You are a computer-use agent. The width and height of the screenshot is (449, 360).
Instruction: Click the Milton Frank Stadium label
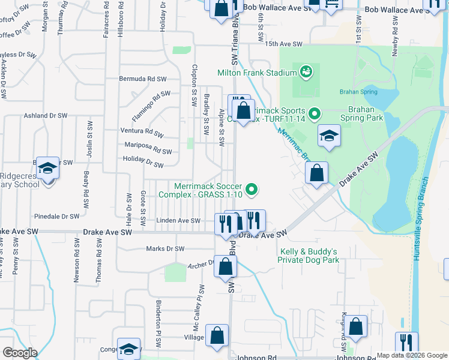pyautogui.click(x=257, y=73)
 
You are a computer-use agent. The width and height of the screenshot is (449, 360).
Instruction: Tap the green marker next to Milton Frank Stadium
pyautogui.click(x=307, y=73)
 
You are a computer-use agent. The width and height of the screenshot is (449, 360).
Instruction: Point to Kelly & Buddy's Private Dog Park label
pyautogui.click(x=308, y=256)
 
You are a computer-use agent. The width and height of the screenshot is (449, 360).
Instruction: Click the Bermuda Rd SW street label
pyautogui.click(x=142, y=79)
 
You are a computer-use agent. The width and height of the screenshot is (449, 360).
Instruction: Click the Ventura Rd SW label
pyautogui.click(x=142, y=131)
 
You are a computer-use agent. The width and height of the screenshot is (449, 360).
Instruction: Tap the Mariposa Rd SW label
pyautogui.click(x=148, y=148)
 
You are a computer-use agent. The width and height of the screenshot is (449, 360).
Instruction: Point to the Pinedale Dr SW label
pyautogui.click(x=56, y=216)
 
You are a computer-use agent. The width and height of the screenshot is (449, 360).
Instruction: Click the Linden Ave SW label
pyautogui.click(x=178, y=221)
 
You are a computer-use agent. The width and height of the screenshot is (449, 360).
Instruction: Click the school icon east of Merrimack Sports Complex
pyautogui.click(x=329, y=137)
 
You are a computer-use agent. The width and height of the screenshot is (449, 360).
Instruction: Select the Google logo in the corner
pyautogui.click(x=20, y=353)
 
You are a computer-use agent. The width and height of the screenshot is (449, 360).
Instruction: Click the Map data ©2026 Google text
pyautogui.click(x=412, y=355)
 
